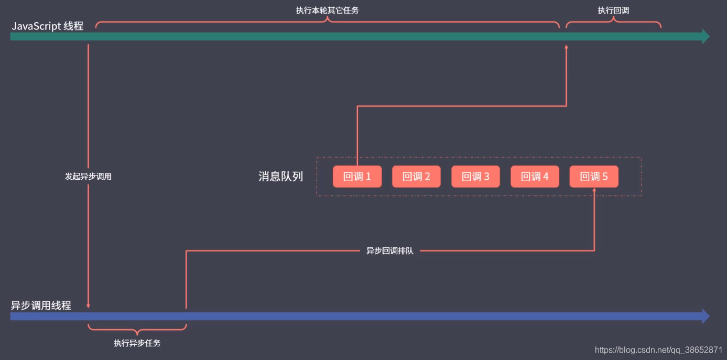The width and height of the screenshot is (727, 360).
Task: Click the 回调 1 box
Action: [x=357, y=177]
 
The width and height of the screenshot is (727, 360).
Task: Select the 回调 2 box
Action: [x=416, y=177]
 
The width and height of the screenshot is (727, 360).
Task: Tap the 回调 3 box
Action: [x=475, y=177]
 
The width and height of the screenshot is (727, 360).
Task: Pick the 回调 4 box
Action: [x=535, y=177]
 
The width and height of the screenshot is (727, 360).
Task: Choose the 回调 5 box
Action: [x=594, y=177]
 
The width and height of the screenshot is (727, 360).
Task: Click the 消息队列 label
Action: [x=281, y=176]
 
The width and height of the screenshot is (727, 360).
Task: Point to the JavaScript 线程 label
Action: [x=48, y=26]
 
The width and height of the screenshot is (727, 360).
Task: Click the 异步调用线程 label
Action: [x=41, y=305]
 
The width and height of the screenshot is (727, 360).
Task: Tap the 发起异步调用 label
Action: [x=88, y=177]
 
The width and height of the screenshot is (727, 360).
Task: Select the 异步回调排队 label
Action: [x=390, y=251]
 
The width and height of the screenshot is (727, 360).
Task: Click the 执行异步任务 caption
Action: [x=137, y=343]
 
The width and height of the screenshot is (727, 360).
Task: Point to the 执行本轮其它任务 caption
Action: [x=328, y=10]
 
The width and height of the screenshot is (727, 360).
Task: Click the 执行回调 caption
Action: [x=613, y=10]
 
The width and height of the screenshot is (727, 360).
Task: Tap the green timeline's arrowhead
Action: [x=705, y=37]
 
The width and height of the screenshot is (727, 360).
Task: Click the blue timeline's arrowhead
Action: [x=705, y=317]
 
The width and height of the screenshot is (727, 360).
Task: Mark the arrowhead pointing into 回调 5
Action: [x=594, y=191]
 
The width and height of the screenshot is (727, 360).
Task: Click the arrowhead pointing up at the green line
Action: [x=567, y=47]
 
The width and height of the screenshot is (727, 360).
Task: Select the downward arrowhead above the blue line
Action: [x=88, y=306]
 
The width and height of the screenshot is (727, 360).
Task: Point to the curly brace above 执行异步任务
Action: [x=137, y=330]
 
